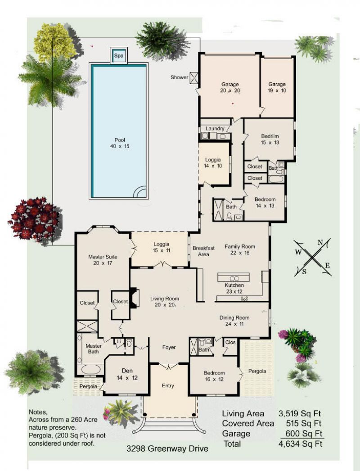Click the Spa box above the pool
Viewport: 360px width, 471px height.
click(119, 56)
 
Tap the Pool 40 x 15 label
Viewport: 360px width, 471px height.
click(119, 143)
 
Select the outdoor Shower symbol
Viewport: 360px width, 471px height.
click(194, 77)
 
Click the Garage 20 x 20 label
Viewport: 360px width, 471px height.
click(230, 87)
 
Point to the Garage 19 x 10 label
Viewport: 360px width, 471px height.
click(277, 87)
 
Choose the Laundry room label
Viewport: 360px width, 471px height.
click(215, 129)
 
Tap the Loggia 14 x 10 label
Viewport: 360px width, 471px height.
click(213, 163)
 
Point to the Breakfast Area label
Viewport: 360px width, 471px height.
click(203, 251)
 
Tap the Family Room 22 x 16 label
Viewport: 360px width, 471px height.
click(240, 250)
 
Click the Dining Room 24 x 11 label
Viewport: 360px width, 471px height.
click(234, 321)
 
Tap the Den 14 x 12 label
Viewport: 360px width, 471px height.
click(126, 375)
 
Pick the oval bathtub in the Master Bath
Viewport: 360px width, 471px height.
click(90, 370)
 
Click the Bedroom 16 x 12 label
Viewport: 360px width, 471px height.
click(214, 376)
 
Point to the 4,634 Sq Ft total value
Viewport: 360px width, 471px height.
click(301, 444)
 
